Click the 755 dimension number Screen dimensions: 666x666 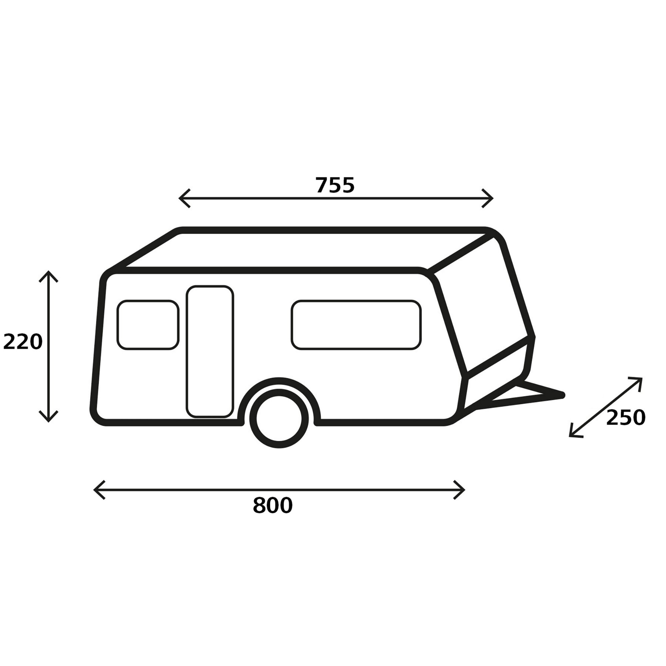pyautogui.click(x=335, y=185)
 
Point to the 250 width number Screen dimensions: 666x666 pyautogui.click(x=625, y=418)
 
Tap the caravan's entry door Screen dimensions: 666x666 pyautogui.click(x=209, y=351)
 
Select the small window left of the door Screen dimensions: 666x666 pyautogui.click(x=148, y=325)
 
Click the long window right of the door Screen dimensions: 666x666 pyautogui.click(x=356, y=325)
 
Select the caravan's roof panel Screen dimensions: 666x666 pyautogui.click(x=303, y=250)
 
